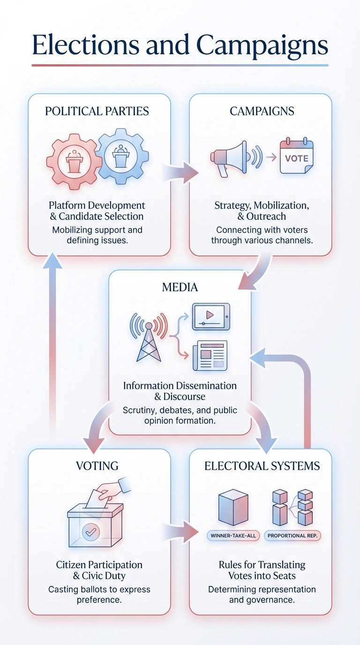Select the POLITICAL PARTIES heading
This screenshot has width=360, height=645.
97,111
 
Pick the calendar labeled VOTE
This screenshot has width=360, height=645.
296,157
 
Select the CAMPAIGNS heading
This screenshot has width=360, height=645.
262,111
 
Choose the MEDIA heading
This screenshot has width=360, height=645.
180,287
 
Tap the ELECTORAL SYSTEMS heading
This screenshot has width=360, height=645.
262,466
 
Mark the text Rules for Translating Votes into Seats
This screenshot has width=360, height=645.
262,570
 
